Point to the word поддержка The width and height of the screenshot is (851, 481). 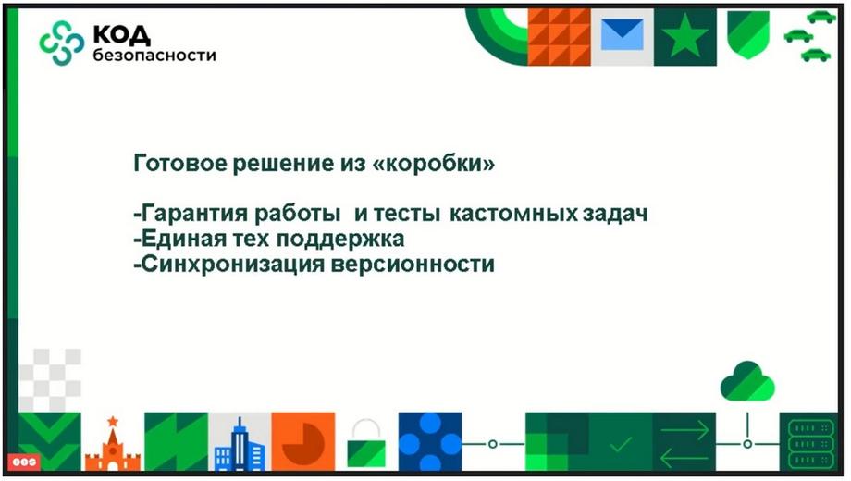pos(340,239)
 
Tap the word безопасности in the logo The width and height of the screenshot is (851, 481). pos(154,55)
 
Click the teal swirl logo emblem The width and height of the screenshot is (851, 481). pos(62,43)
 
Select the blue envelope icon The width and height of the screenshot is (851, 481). pos(622,34)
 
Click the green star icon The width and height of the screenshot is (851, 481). pos(684,36)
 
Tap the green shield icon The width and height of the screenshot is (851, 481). pos(748,35)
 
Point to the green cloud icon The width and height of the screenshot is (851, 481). pos(747,381)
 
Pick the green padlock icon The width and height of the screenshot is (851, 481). pos(366,443)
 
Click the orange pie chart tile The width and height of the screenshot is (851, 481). pos(303,442)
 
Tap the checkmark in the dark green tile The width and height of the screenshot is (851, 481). pos(621,445)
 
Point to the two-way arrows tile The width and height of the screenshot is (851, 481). pos(684,442)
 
